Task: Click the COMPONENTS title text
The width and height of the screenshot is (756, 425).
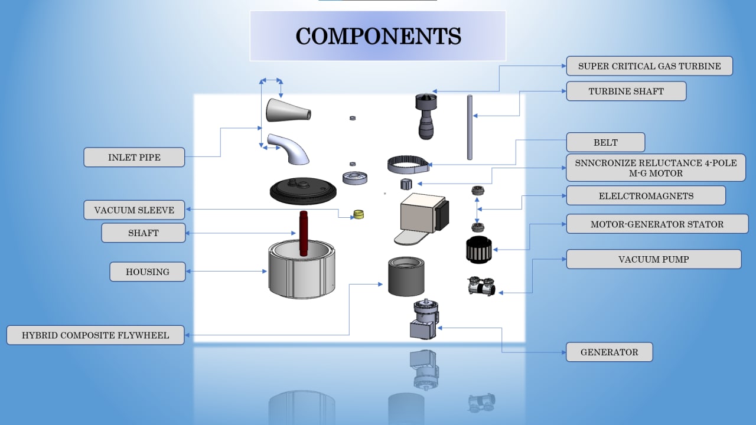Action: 378,36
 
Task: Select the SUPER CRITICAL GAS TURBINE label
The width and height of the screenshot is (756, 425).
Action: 649,66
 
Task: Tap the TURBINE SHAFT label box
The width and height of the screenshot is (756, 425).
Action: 626,91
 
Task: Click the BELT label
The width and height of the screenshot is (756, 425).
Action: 605,142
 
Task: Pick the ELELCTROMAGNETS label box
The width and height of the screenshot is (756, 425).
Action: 646,195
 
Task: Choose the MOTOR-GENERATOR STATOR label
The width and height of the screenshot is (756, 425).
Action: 657,224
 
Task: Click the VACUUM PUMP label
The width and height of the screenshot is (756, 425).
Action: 653,259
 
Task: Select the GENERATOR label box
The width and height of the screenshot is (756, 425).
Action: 609,352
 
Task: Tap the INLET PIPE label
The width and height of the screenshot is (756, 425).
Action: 134,158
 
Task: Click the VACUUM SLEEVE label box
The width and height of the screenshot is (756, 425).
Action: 134,210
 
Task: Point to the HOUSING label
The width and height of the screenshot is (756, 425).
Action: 147,272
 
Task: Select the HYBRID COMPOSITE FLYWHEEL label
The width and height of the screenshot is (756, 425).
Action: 95,335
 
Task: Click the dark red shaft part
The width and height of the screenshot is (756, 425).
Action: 304,233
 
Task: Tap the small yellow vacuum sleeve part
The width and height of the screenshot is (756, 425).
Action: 358,214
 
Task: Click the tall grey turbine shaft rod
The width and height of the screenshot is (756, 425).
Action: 470,127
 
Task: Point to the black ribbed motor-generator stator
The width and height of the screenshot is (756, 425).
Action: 479,249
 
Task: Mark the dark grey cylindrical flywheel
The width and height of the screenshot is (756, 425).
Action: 406,277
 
